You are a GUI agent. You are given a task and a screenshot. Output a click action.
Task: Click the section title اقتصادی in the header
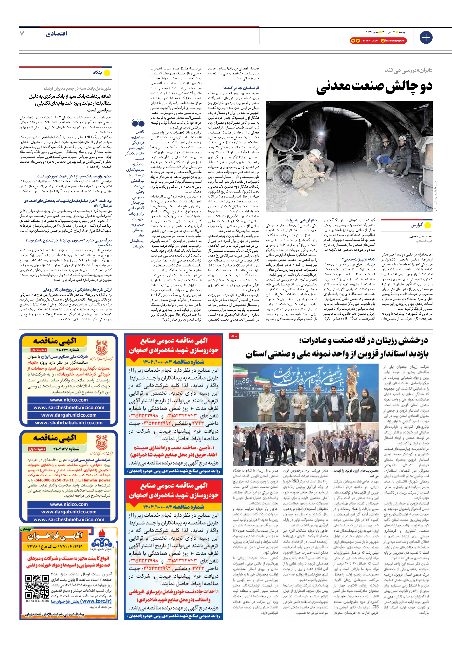pyautogui.click(x=57, y=34)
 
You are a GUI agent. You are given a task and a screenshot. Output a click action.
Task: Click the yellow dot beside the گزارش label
pyautogui.click(x=428, y=225)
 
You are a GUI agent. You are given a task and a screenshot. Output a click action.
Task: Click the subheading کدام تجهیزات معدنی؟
pyautogui.click(x=359, y=259)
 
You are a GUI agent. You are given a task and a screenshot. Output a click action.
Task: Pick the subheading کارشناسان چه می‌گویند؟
pyautogui.click(x=241, y=88)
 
